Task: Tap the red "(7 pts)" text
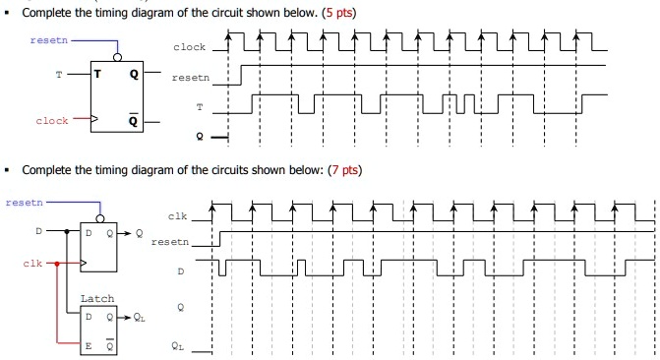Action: coord(344,170)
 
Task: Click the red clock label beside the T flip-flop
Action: coord(51,122)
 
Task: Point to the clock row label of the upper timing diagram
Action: coord(190,47)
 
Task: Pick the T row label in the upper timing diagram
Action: coord(202,105)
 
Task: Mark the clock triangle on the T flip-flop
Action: coord(94,122)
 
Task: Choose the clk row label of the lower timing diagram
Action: coord(177,216)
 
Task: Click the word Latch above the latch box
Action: coord(96,298)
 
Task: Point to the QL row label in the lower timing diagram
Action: coord(176,345)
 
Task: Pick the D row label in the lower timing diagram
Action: coord(180,270)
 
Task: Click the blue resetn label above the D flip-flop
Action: coord(24,201)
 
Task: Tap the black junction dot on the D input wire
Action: coord(66,234)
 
